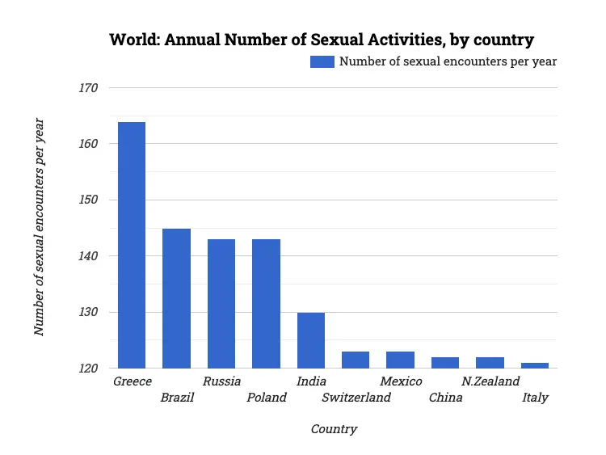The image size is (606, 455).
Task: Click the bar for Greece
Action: pos(132,245)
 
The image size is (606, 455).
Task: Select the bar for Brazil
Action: pos(176,298)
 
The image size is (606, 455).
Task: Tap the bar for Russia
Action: pos(221,304)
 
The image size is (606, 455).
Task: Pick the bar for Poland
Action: pos(266,304)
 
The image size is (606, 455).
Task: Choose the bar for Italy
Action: pos(535,365)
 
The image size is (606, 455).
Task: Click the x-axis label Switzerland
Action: pos(356,398)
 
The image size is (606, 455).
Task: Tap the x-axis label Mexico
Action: pos(401,381)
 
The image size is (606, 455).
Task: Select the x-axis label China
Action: pos(445,398)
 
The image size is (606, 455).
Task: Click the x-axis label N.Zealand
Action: pos(490,381)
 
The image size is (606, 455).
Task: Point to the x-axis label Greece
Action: pos(133,381)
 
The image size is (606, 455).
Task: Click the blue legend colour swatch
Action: pos(322,61)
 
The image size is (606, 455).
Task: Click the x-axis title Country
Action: pos(334,429)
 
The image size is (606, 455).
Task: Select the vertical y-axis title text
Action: pos(39,227)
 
